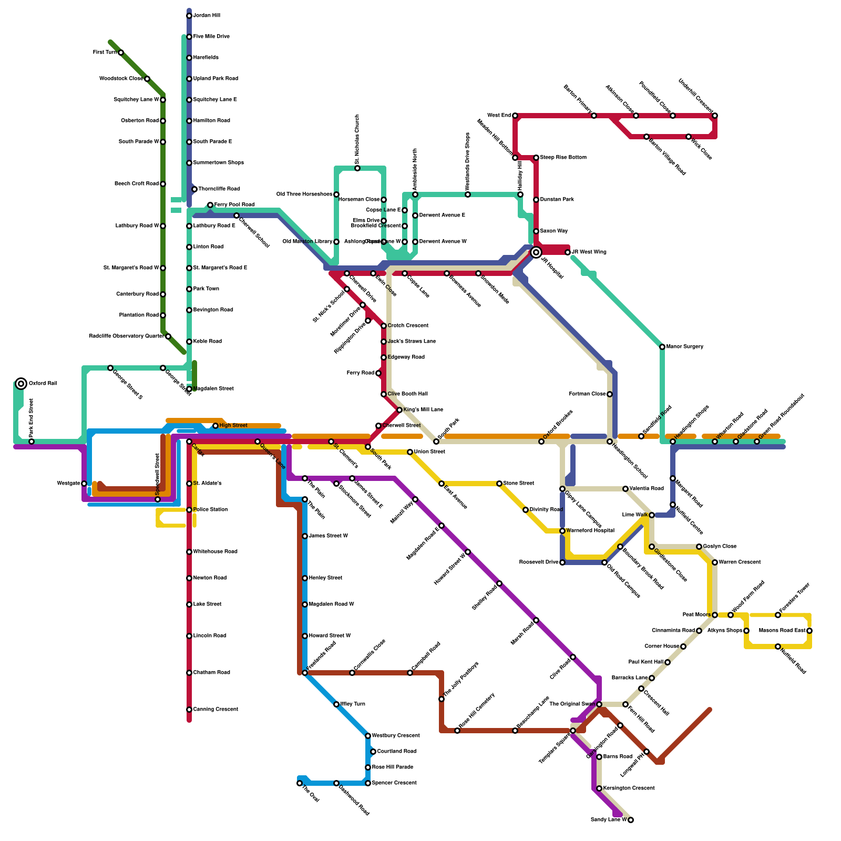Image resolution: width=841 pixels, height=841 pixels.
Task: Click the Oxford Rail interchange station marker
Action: tap(21, 384)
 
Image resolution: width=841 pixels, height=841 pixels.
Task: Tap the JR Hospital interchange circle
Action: tap(536, 252)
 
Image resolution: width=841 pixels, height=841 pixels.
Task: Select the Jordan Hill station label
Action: tap(207, 16)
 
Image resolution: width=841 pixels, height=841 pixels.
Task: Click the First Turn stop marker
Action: tap(121, 53)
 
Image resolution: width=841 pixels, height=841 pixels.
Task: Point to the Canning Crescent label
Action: tap(216, 710)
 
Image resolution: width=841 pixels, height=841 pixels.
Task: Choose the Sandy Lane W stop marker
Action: tap(631, 820)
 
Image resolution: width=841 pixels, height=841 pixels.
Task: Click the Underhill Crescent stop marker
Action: tap(715, 116)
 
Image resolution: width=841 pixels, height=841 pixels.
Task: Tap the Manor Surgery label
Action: tap(685, 347)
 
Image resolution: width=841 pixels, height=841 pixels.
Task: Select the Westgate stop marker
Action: tap(84, 484)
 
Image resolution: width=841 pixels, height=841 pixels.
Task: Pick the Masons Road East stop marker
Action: tap(809, 631)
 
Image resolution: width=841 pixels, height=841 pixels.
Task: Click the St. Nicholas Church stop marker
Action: tap(357, 168)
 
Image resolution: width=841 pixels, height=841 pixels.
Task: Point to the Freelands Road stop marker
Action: tap(305, 673)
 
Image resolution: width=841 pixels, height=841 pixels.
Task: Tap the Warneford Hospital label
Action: tap(590, 531)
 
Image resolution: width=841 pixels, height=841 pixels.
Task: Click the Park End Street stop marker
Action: tap(32, 442)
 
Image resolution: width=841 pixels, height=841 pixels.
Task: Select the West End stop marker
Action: tap(515, 116)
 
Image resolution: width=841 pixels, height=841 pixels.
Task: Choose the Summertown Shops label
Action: tap(219, 163)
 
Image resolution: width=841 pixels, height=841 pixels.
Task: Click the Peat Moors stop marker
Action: tap(715, 615)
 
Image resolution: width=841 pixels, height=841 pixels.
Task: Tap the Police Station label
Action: tap(211, 510)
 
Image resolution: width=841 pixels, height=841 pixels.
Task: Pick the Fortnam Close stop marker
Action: tap(610, 394)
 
